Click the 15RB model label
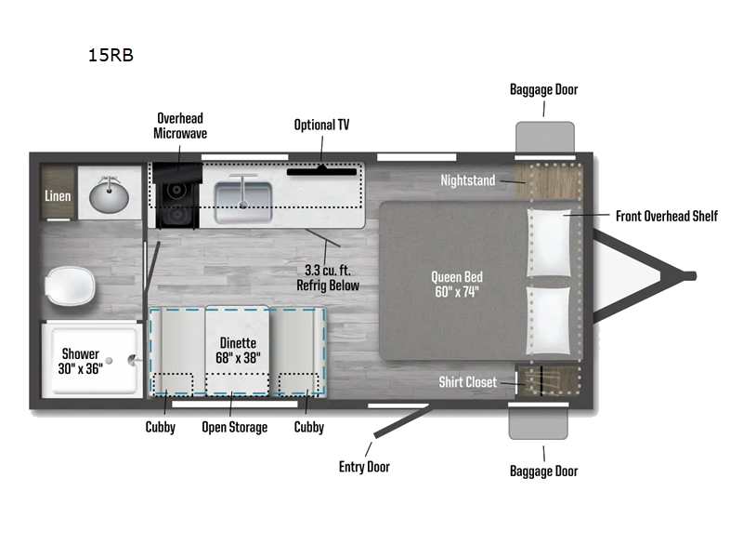pyautogui.click(x=111, y=55)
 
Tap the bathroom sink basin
pyautogui.click(x=110, y=195)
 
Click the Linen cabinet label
pyautogui.click(x=58, y=196)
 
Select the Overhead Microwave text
pyautogui.click(x=179, y=126)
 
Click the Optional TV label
pyautogui.click(x=321, y=125)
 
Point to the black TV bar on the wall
pyautogui.click(x=321, y=170)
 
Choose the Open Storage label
pyautogui.click(x=235, y=427)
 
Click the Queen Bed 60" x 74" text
pyautogui.click(x=457, y=285)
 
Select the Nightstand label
pyautogui.click(x=468, y=180)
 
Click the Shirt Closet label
pyautogui.click(x=468, y=382)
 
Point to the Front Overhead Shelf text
pyautogui.click(x=666, y=216)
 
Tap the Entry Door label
pyautogui.click(x=364, y=466)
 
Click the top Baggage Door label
pyautogui.click(x=543, y=89)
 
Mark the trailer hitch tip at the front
pyautogui.click(x=690, y=274)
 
